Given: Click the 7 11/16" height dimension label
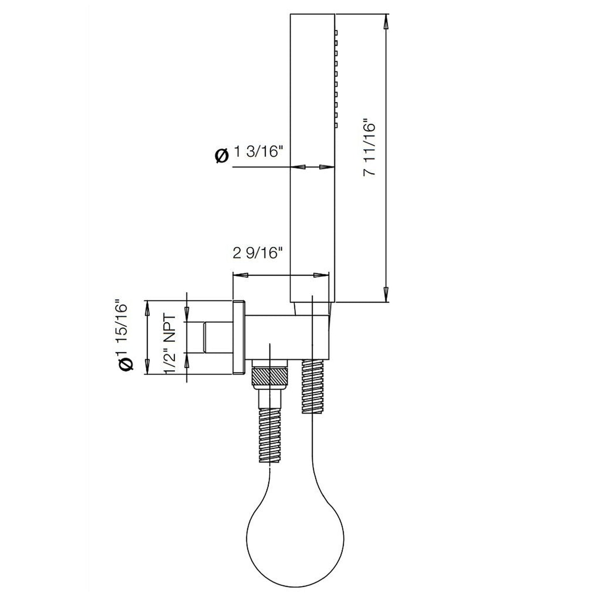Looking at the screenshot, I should (370, 148).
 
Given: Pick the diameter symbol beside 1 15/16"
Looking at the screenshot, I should (126, 364).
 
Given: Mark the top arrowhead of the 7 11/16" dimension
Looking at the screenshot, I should (386, 21).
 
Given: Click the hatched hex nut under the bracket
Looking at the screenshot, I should (270, 377).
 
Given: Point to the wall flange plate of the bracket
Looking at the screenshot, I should (239, 336).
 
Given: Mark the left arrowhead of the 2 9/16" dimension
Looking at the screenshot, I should (239, 275).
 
